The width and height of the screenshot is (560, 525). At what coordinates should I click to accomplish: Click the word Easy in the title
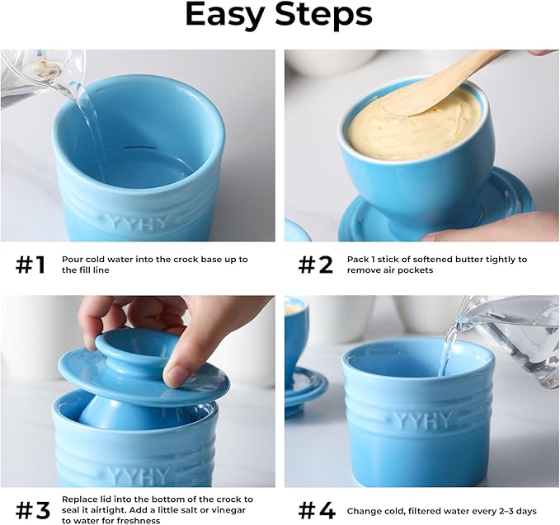[225, 15]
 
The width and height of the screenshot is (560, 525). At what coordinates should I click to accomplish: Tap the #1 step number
[31, 265]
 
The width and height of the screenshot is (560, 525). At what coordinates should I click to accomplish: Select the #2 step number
[316, 265]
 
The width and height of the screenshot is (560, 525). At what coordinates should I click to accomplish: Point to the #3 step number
[33, 511]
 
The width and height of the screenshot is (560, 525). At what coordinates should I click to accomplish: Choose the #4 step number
[318, 511]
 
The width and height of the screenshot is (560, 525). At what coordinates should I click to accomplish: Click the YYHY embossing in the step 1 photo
[138, 223]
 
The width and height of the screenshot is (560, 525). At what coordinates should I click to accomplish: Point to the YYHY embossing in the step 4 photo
[424, 420]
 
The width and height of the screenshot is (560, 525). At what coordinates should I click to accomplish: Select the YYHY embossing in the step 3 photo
[138, 476]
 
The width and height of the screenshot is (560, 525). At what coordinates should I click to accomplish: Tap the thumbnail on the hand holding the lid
[175, 376]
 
